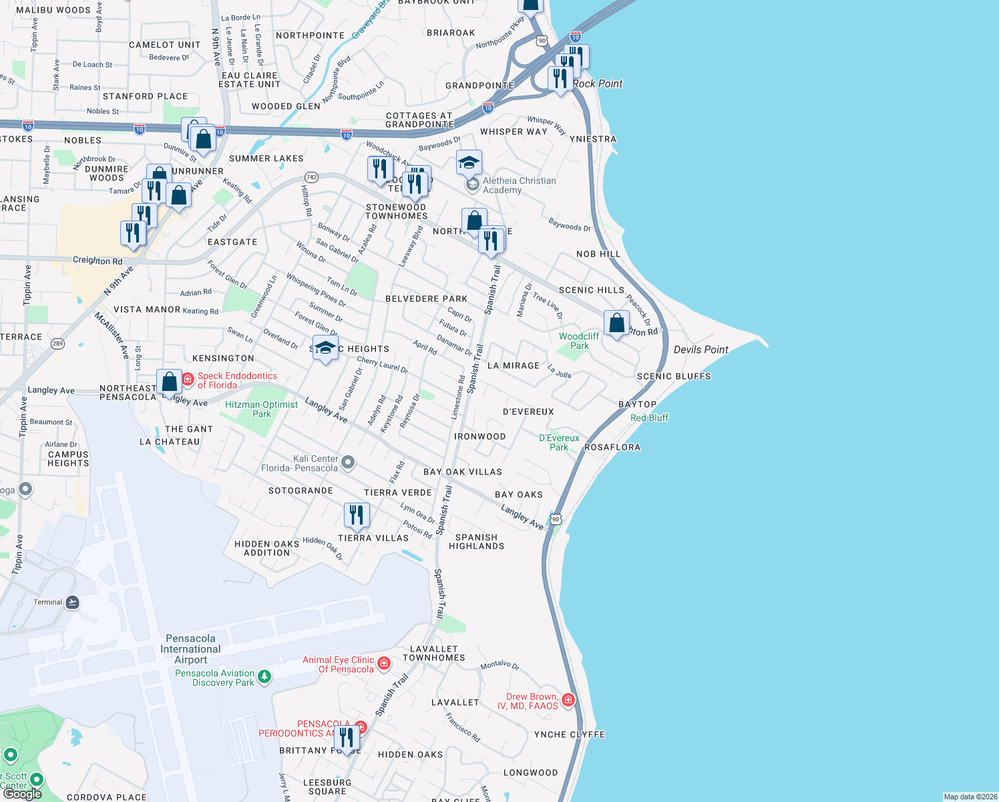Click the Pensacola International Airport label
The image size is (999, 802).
pos(190,649)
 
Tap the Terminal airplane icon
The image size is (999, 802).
pos(72,602)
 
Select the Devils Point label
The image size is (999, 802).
pos(701,350)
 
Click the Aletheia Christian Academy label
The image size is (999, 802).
pos(519,185)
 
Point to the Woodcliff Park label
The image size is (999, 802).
pos(579,341)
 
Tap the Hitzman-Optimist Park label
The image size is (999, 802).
pos(261,409)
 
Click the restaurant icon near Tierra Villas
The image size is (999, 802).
pos(357,515)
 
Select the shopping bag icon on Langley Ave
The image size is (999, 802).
pos(170,382)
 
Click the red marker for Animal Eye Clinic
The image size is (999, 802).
pos(384,663)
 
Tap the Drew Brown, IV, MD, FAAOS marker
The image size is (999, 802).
pos(568,700)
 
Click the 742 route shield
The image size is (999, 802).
pos(311,177)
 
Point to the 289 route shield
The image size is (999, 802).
pos(58,344)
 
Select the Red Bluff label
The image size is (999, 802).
pos(649,418)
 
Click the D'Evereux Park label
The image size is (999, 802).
pos(559,442)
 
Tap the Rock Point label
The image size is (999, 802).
pos(598,84)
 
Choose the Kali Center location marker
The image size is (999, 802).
pos(348,462)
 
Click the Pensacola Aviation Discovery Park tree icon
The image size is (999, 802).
pos(264,677)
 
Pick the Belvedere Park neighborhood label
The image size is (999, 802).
pos(426,299)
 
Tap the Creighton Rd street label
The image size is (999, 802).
pos(97,261)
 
